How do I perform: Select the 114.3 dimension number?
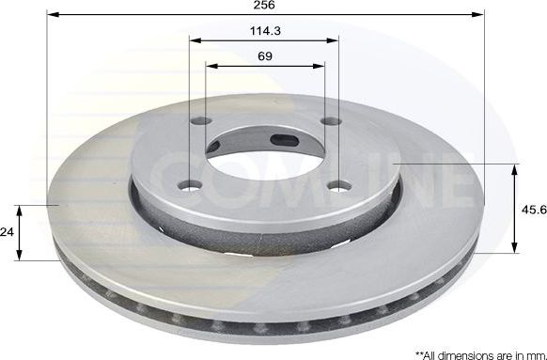click(263, 29)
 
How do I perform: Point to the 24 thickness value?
click(8, 232)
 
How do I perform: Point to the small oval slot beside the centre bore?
click(285, 143)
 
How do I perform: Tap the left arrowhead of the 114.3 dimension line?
click(194, 40)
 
